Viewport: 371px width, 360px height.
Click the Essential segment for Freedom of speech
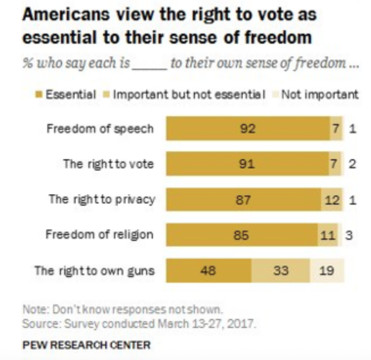click(248, 129)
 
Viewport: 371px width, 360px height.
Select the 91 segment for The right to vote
click(247, 164)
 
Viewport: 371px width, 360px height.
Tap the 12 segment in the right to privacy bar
click(332, 200)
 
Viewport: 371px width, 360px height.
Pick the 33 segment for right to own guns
click(281, 271)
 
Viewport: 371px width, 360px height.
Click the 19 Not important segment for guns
click(327, 271)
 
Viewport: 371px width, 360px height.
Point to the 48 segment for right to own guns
click(208, 271)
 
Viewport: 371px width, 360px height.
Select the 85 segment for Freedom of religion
click(241, 235)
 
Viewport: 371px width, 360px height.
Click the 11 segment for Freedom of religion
click(327, 235)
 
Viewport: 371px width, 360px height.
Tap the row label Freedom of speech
click(100, 129)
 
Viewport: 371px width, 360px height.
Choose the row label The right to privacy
click(101, 200)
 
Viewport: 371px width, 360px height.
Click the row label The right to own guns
click(94, 271)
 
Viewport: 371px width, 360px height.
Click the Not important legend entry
click(319, 94)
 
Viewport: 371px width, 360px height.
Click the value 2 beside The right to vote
click(352, 164)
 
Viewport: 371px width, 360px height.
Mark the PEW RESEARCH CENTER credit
click(86, 344)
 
